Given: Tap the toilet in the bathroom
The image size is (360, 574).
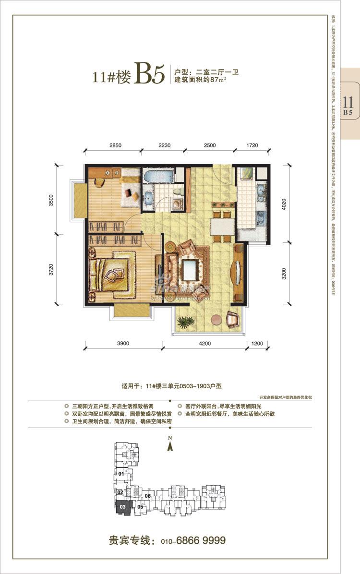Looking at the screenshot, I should click(x=179, y=191).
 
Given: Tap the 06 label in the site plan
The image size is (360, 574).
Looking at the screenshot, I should click(x=148, y=496).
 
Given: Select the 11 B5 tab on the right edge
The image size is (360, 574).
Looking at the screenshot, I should click(x=348, y=106).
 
